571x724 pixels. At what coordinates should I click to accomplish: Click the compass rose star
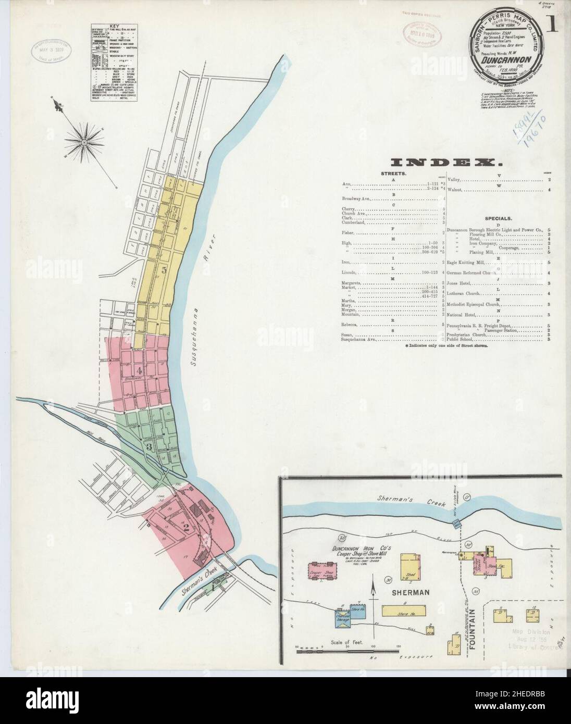point(84,141)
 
